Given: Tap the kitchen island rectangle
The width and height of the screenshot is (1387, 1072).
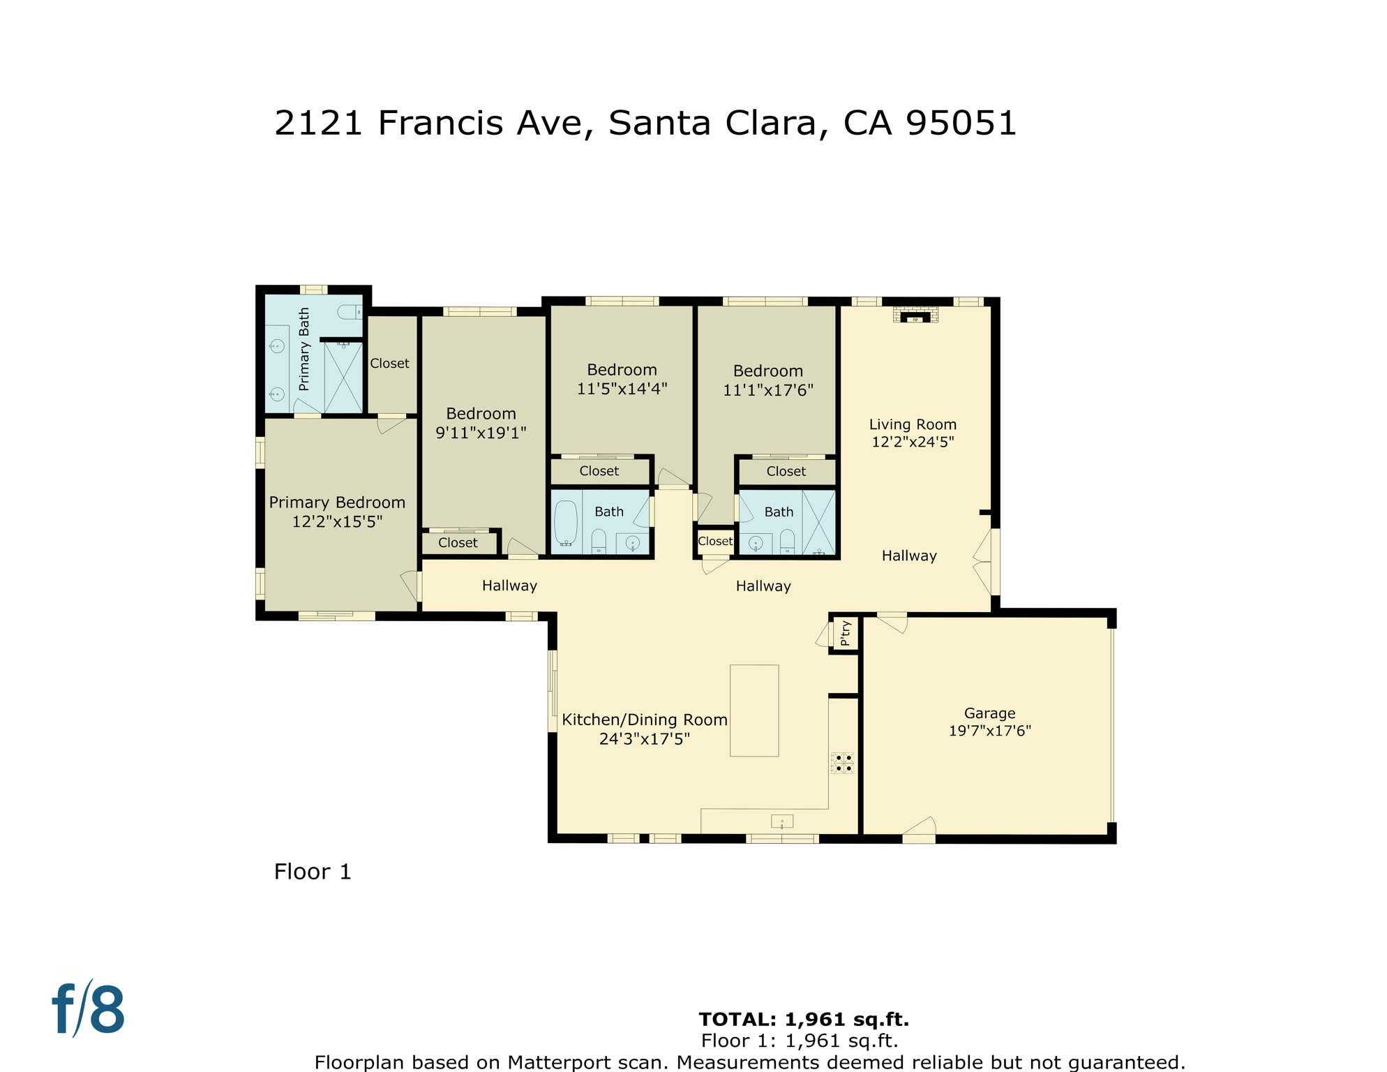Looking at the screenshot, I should click(x=754, y=710).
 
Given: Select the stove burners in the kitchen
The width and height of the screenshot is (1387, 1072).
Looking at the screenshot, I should click(x=843, y=763).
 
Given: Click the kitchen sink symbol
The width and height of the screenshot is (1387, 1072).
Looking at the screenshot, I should click(x=781, y=821).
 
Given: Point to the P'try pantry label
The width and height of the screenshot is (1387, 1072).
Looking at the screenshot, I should click(x=846, y=633).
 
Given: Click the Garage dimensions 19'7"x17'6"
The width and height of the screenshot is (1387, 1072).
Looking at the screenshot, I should click(x=989, y=731).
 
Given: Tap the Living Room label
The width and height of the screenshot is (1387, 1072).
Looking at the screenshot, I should click(x=913, y=424).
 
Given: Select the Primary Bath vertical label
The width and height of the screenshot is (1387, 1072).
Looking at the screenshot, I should click(x=304, y=349).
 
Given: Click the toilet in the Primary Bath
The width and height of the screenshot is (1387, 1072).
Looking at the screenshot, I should click(x=349, y=312).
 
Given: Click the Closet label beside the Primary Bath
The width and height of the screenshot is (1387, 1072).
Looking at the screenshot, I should click(x=389, y=364).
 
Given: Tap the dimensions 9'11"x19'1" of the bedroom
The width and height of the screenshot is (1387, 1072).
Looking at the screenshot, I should click(x=481, y=433).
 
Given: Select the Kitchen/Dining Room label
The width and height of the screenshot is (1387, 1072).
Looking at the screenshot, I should click(x=644, y=720).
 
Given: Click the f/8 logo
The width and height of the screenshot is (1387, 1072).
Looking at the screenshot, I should click(x=89, y=1009).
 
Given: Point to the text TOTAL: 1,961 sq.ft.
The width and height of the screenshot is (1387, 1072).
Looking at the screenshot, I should click(x=804, y=1019).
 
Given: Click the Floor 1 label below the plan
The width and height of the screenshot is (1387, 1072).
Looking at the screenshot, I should click(x=313, y=872).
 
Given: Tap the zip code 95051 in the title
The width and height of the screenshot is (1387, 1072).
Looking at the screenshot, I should click(x=961, y=124).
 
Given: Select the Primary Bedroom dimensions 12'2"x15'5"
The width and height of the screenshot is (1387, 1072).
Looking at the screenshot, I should click(x=337, y=521).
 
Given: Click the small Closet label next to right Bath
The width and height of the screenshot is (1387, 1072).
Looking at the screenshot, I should click(x=715, y=541).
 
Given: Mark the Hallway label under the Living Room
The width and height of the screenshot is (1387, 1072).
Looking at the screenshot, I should click(x=909, y=556).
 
